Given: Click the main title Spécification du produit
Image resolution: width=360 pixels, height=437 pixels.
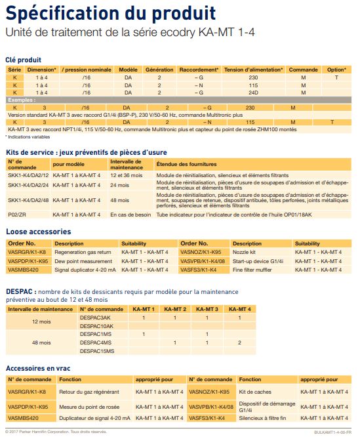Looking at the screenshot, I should tap(110, 13).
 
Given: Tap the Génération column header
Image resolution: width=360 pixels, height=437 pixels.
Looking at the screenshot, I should tap(159, 69).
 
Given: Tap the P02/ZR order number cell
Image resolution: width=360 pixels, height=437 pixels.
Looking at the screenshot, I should tap(16, 215).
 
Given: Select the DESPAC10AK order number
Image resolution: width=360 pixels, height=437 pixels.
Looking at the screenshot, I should tap(96, 325).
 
